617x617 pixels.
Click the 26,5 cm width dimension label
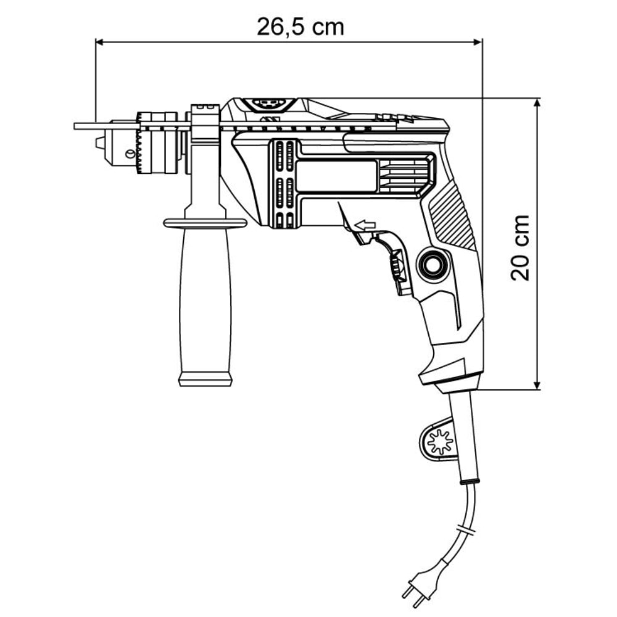pos(300,27)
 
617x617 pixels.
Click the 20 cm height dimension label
pos(520,247)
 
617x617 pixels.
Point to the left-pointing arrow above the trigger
pos(365,226)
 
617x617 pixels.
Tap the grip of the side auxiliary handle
pos(205,302)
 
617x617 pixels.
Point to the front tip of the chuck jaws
pos(99,143)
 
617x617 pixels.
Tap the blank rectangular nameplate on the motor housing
pos(336,176)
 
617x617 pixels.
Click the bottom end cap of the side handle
pos(205,378)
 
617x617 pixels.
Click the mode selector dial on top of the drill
pos(269,104)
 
